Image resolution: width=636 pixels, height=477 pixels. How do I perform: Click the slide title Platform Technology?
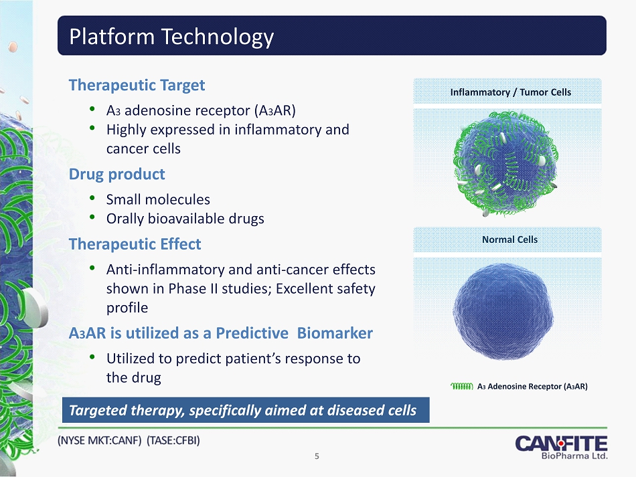pos(171,37)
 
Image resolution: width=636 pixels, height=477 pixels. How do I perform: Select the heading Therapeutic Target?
pos(137,85)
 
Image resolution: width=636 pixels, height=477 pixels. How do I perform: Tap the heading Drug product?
pos(116,174)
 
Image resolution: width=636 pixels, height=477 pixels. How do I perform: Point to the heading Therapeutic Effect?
pos(135,244)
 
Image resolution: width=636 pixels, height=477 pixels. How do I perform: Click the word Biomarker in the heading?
pos(335,333)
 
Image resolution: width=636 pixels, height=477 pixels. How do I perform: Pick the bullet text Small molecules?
pos(158,199)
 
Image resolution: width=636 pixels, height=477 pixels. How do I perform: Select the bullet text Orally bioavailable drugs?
pos(185,219)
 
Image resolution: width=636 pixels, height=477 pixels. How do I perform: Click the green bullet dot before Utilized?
pos(92,357)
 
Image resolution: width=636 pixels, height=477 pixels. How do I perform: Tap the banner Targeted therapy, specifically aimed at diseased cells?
pos(246,410)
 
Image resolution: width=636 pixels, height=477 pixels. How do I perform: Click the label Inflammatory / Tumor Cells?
pos(511,92)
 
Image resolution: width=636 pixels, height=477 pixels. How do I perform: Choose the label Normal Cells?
pos(510,240)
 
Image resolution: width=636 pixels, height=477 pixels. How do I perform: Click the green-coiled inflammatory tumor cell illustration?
pos(506,163)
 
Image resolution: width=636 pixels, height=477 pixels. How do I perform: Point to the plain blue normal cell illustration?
pos(503,311)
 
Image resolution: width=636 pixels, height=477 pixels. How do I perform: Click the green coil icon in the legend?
pos(461,386)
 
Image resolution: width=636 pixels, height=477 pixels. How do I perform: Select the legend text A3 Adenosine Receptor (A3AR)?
pos(533,387)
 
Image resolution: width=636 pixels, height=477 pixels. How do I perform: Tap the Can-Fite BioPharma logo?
pos(562,447)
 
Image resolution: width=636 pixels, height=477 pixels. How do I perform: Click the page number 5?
pos(317,456)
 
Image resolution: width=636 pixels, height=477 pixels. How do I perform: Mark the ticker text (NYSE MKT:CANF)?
pos(99,440)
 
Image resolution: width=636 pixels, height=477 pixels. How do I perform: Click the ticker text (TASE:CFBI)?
pos(173,440)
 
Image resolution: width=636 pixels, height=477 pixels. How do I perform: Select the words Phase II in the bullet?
pos(193,288)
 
